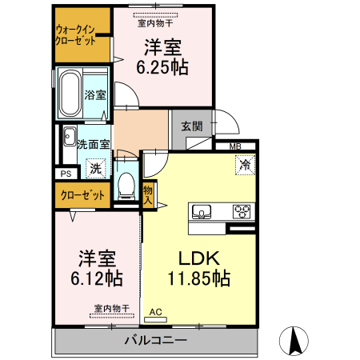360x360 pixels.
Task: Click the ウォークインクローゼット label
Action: click(82, 36)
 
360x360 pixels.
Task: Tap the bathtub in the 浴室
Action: click(69, 94)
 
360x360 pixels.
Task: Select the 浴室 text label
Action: click(97, 94)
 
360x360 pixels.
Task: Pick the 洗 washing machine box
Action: click(96, 169)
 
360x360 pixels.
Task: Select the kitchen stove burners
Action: click(242, 212)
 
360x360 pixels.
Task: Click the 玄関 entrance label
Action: click(191, 126)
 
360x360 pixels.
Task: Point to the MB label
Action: click(235, 146)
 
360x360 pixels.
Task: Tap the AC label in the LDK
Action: click(155, 311)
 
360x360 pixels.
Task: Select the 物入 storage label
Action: click(148, 195)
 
